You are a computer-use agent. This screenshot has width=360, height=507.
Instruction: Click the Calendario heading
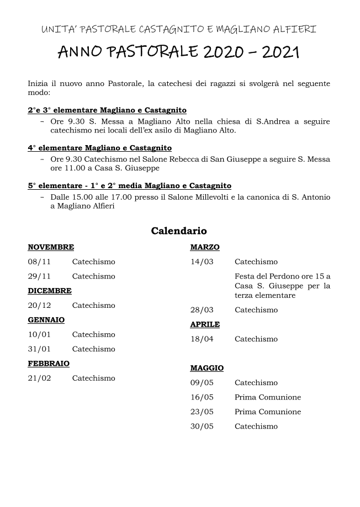tap(179, 231)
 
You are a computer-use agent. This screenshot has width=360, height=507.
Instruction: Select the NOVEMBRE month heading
tap(51, 247)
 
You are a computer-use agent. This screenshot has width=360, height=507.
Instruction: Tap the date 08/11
tap(39, 261)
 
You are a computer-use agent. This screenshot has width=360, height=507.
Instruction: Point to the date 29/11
tap(39, 276)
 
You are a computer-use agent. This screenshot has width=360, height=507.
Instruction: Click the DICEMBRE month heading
tap(50, 291)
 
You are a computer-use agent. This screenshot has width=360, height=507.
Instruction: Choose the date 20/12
tap(39, 305)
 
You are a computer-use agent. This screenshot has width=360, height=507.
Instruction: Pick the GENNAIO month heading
tap(46, 320)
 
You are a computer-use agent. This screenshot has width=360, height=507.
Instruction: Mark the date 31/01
tap(39, 349)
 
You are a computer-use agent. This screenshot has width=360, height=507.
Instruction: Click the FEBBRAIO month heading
tap(49, 364)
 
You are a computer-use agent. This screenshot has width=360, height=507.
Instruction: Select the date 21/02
tap(39, 378)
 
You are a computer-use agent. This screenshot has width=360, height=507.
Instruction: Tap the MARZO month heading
tap(205, 247)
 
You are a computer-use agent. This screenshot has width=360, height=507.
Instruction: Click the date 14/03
tap(202, 261)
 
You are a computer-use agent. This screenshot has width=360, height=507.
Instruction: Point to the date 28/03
tap(202, 309)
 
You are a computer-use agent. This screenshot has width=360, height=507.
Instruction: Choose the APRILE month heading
tap(205, 324)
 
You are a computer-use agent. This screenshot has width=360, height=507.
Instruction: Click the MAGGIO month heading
tap(207, 368)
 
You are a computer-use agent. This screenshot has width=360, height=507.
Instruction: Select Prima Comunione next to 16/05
tap(268, 397)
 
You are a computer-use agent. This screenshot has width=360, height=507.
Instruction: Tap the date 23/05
tap(202, 412)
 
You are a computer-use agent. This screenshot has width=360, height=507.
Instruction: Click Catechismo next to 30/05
tap(256, 426)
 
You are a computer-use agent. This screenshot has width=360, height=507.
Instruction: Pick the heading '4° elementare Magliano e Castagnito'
tap(100, 148)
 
